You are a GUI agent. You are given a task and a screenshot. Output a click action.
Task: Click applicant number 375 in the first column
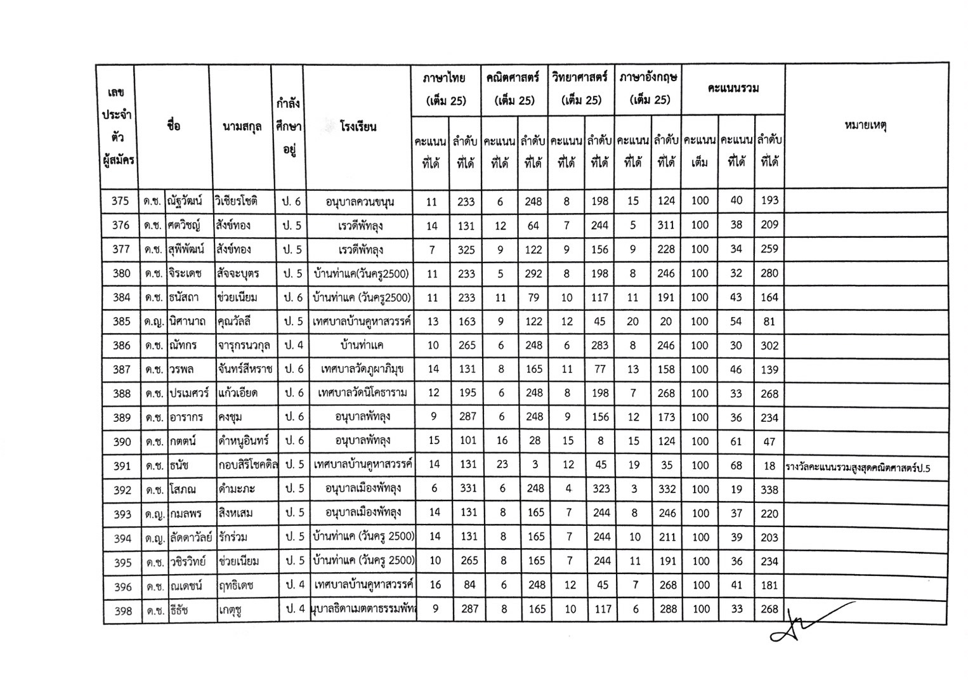pos(120,201)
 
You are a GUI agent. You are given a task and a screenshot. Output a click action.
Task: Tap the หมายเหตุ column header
pos(865,126)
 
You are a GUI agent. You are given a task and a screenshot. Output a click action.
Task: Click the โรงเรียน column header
pos(358,126)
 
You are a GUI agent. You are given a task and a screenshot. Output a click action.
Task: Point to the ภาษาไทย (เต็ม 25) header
pos(445,89)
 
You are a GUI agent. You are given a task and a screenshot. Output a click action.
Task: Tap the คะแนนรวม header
pos(733,89)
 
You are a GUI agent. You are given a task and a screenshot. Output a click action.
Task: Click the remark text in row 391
pos(861,467)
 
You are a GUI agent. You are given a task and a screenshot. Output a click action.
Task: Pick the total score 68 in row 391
pos(736,466)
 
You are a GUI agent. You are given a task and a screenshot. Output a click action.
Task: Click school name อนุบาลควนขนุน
pos(360,202)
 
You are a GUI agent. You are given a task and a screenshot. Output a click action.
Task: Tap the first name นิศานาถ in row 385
pos(188,322)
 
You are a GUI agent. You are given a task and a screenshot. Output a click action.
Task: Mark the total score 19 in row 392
pos(736,490)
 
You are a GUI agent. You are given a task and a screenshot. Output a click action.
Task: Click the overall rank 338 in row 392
pos(769,490)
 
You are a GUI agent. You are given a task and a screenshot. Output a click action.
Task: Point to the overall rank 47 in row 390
pos(769,441)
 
